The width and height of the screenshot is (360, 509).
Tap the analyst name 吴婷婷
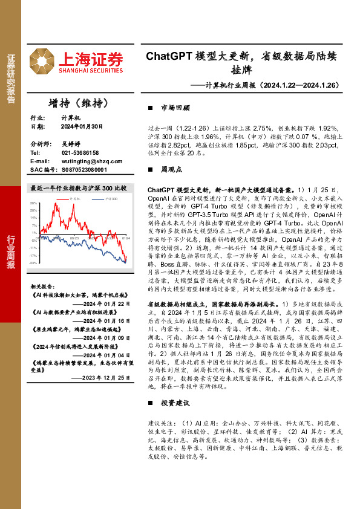coord(71,145)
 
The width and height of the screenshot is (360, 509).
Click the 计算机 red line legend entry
coord(71,198)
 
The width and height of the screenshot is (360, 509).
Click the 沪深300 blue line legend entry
coord(105,198)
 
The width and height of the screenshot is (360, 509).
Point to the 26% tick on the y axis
coord(34,203)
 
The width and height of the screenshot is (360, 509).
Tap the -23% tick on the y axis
coord(34,263)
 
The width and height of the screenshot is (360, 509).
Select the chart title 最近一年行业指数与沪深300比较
coord(78,189)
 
